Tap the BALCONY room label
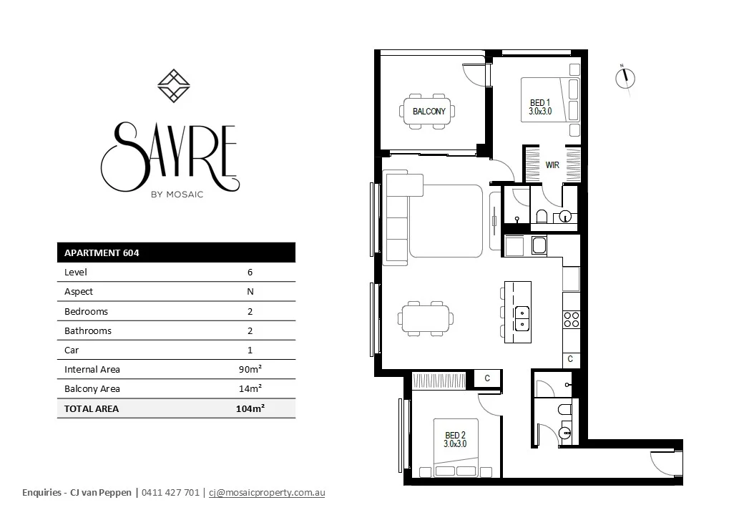tap(429, 112)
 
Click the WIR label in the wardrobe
tap(552, 165)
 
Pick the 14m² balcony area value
tap(250, 389)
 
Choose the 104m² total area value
tap(250, 408)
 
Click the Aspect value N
tap(250, 292)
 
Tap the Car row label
tap(72, 350)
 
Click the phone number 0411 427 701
tap(171, 493)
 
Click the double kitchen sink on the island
tap(522, 318)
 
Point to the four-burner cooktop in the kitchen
tap(571, 319)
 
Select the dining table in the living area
tap(427, 319)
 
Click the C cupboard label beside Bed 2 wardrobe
tap(487, 379)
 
